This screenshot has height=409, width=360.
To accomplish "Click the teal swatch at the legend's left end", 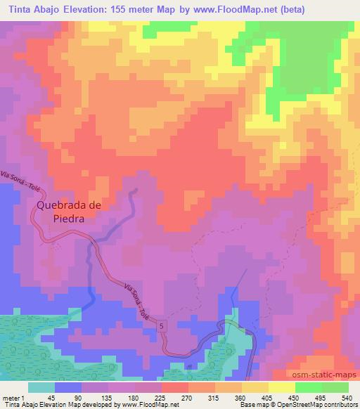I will (x=40, y=387).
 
